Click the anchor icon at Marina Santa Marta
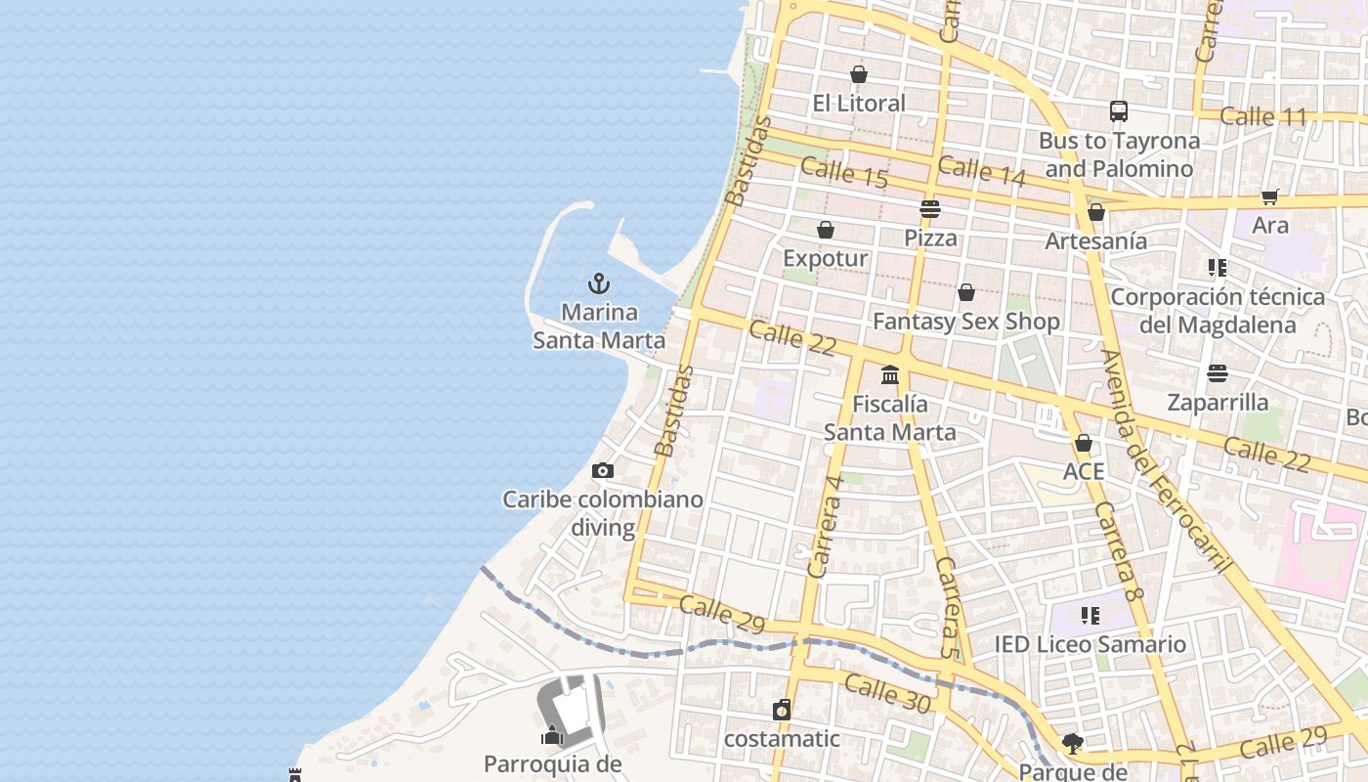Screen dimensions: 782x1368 599,284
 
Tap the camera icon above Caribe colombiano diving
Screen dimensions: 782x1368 603,471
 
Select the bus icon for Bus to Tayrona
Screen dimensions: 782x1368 1119,111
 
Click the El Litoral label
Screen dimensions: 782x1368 859,103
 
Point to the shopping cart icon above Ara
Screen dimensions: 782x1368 1270,196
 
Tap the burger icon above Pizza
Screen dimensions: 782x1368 929,209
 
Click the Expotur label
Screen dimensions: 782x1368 826,258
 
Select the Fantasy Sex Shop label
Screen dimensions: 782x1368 965,321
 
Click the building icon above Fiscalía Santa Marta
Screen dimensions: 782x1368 890,374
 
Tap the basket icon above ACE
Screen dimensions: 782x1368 1083,444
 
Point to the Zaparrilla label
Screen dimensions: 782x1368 1218,402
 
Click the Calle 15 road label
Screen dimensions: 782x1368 844,172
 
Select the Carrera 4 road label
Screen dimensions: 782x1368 825,526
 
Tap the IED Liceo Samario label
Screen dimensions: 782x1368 1090,644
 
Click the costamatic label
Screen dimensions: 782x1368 781,738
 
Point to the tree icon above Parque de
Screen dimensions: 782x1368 1073,744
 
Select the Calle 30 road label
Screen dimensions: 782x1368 887,692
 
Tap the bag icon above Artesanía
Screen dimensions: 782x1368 1096,212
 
